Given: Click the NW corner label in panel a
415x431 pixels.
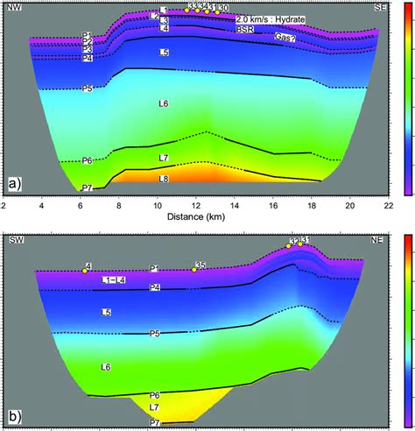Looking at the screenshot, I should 15,7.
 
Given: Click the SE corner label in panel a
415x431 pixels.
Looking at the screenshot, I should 379,7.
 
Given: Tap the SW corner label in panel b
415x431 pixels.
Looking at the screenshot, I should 15,239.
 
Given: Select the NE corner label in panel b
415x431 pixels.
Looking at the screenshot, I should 379,239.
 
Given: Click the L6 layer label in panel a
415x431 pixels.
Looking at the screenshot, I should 163,104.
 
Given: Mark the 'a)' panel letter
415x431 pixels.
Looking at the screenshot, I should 14,184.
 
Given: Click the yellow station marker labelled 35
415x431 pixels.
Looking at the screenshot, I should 193,269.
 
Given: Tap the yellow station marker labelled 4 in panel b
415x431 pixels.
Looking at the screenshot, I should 85,271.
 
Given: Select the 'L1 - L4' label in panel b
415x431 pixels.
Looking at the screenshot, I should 113,279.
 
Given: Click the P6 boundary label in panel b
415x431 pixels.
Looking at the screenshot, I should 154,395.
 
